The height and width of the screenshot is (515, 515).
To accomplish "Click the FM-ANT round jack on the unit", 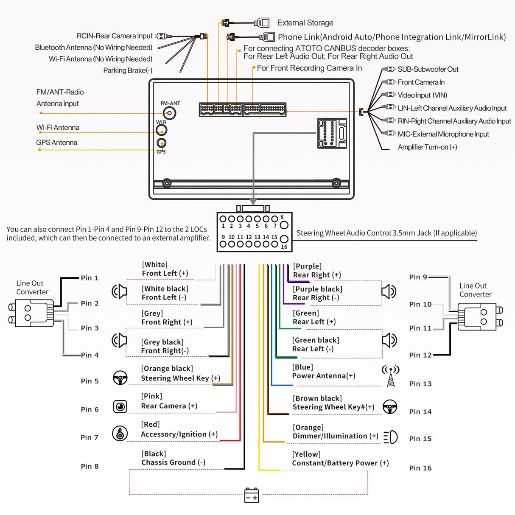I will [170, 113].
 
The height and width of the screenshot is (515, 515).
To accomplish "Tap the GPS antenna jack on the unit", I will [161, 143].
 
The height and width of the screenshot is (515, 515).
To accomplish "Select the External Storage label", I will [305, 23].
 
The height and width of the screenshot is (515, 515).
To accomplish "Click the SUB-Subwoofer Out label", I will [428, 69].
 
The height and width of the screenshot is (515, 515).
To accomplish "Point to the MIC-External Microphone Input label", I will [443, 134].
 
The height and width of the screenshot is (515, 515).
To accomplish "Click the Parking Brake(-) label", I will [128, 70].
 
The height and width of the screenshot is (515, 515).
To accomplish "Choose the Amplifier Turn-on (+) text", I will [427, 147].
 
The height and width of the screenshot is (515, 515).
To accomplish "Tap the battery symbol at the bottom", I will [252, 495].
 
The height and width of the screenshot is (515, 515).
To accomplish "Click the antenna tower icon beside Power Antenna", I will [391, 376].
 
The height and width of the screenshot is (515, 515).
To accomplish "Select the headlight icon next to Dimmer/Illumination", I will [390, 437].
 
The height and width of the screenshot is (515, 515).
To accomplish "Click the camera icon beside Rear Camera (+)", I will [120, 406].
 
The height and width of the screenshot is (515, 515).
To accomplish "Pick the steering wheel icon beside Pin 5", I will [120, 378].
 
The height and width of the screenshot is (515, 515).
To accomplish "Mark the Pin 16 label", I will [420, 468].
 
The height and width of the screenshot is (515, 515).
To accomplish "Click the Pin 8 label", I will [90, 466].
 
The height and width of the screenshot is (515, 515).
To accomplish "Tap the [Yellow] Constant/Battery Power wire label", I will [340, 459].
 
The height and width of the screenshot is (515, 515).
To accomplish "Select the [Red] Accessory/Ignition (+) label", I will [179, 429].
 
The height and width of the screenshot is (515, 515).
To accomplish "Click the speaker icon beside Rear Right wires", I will [389, 291].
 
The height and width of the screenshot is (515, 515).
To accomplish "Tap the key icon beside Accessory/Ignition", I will [120, 433].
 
